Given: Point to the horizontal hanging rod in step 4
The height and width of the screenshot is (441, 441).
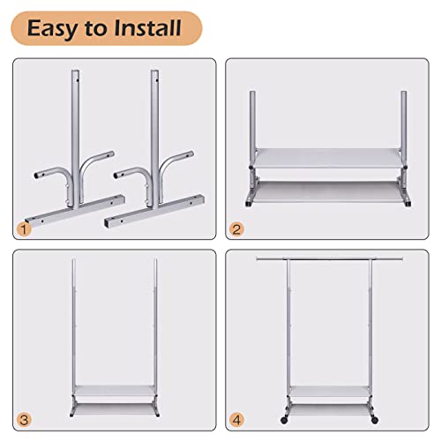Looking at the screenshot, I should pyautogui.click(x=335, y=262).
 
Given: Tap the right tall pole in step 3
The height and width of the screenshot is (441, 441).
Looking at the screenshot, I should pyautogui.click(x=156, y=318).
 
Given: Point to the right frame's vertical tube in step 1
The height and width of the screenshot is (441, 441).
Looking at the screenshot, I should pyautogui.click(x=156, y=115).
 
